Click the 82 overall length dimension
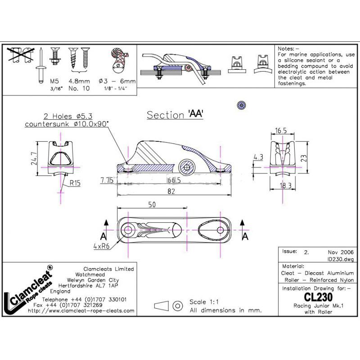pos(171,191)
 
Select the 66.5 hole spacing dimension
pos(174,180)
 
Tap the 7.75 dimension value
pos(107,180)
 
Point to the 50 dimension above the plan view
pos(152,205)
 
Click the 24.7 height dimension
pos(34,158)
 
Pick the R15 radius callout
pos(75,183)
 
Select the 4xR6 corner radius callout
pos(101,246)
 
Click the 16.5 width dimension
pos(281,130)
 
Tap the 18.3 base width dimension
pos(285,185)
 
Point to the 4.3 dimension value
pos(258,157)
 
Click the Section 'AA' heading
pos(175,115)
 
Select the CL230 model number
pos(318,297)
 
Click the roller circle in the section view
pos(187,167)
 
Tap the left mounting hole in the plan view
pos(127,229)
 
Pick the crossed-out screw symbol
pos(20,55)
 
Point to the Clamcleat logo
pos(28,290)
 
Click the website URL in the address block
pos(81,310)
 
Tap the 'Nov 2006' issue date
pos(341,252)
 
